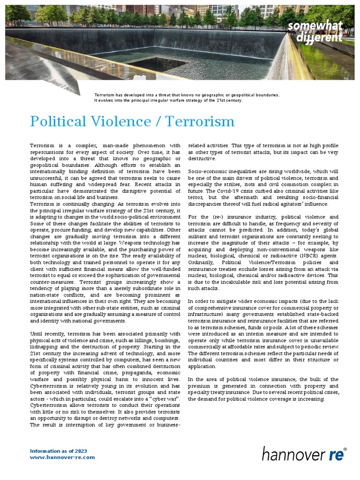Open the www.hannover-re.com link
[62, 457]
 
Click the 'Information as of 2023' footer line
[59, 450]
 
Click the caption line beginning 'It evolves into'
[168, 100]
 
